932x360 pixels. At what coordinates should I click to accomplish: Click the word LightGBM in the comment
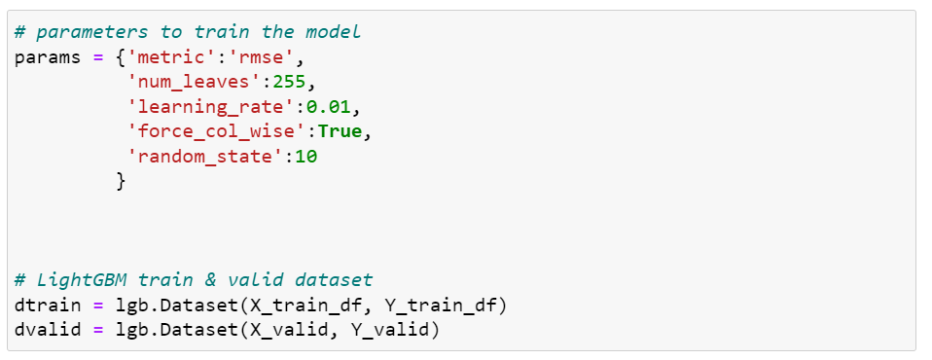(x=76, y=280)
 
